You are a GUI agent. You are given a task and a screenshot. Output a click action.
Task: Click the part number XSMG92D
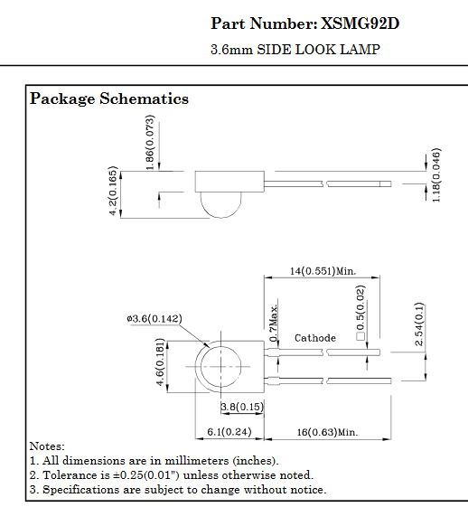360,23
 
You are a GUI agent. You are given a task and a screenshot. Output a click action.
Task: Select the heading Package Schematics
109,99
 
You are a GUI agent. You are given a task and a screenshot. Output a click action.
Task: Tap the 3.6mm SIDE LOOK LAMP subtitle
295,50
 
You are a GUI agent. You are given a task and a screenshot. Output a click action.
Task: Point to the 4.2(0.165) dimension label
113,191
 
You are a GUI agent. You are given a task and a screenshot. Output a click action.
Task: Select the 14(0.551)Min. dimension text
323,270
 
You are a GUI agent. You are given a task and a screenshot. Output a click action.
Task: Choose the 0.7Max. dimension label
274,323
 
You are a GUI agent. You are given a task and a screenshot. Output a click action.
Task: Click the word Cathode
315,338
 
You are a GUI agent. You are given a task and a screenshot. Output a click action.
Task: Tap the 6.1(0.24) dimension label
230,432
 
